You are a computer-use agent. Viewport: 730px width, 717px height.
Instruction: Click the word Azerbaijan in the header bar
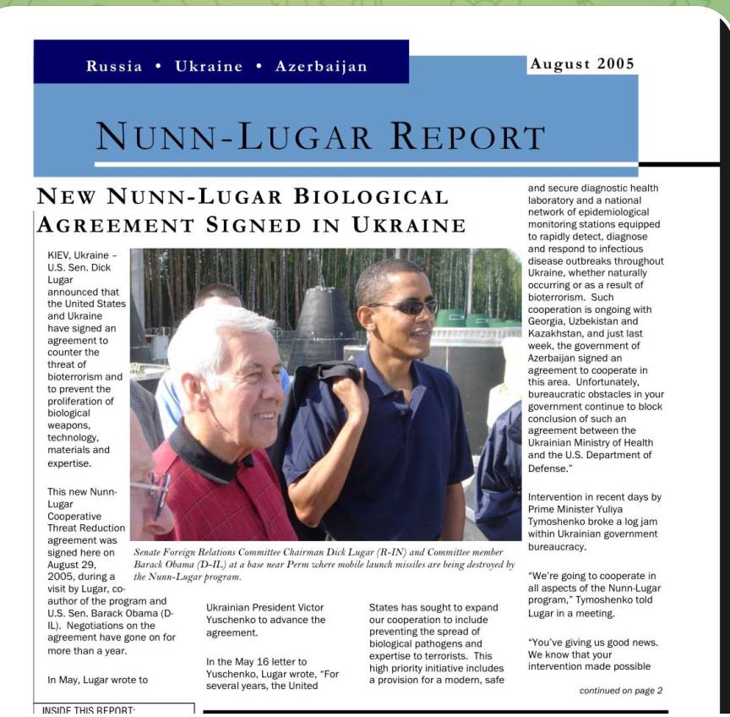point(321,67)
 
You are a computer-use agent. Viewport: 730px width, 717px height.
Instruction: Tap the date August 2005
point(580,63)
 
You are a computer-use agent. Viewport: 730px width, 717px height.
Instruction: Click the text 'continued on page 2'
point(621,690)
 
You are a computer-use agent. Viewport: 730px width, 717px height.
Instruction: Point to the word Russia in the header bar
point(114,67)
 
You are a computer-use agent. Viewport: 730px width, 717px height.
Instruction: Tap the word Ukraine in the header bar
point(207,67)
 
